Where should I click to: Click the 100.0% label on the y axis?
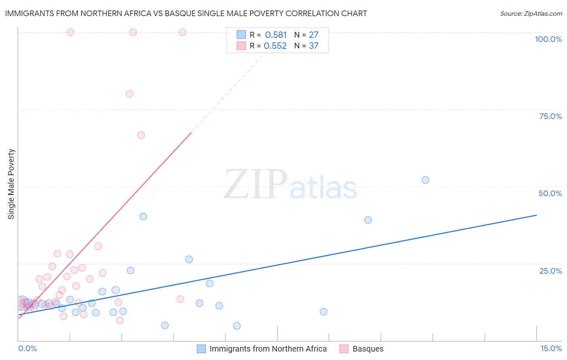548,39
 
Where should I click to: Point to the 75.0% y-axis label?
550,116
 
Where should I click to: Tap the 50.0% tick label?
550,193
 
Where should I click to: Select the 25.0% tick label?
550,271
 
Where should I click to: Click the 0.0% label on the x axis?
27,348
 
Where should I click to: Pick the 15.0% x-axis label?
551,348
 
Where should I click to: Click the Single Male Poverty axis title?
11,184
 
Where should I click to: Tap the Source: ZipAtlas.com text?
531,13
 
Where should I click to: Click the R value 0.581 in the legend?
276,35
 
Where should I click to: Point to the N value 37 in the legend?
313,46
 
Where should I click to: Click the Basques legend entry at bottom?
367,349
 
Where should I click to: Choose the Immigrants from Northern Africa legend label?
268,349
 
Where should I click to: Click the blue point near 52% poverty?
425,180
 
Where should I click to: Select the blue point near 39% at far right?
368,220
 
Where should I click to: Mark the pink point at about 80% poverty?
129,94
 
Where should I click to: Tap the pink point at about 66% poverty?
141,135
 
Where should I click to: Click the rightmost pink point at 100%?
182,32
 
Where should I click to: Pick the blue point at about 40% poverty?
143,216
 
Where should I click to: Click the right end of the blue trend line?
536,215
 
